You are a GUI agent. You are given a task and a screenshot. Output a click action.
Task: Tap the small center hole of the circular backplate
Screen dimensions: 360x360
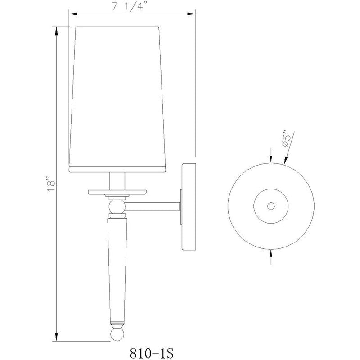coord(270,206)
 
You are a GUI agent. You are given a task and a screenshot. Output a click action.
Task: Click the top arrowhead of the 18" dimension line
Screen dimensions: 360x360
coord(56,31)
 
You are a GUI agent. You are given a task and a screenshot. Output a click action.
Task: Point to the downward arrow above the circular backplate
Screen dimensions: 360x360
coord(270,158)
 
